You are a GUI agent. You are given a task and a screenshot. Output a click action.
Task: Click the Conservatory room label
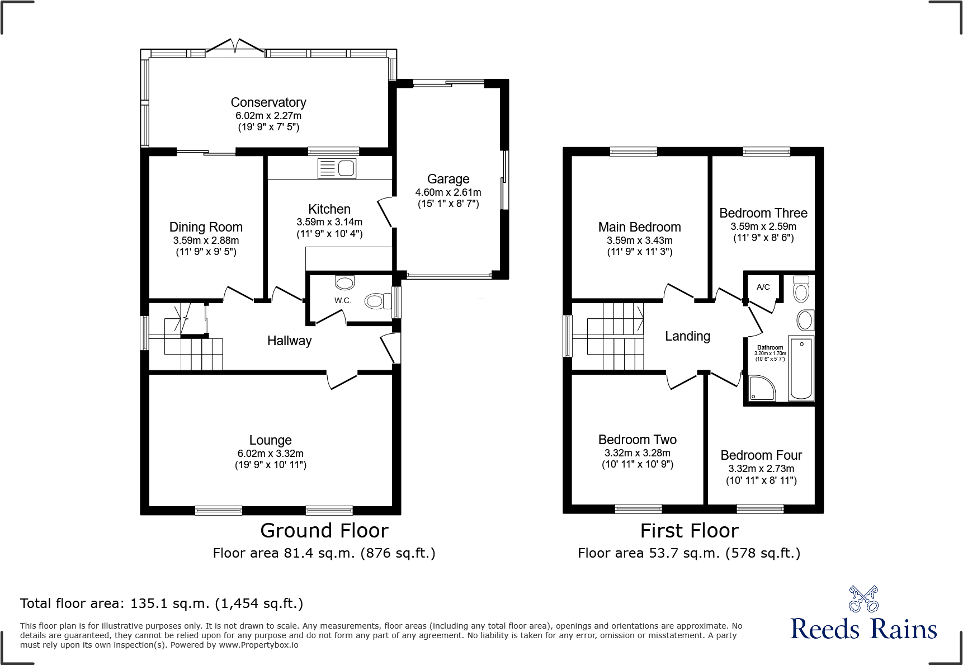click(268, 102)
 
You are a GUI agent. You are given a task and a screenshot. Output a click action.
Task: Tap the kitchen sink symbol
click(337, 168)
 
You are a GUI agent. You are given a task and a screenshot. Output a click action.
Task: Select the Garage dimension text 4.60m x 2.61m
click(448, 192)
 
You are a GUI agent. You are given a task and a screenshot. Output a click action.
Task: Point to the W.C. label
click(343, 300)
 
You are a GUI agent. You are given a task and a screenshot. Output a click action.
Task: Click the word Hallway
click(289, 341)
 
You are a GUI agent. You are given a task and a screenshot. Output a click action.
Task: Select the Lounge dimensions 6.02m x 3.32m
click(270, 454)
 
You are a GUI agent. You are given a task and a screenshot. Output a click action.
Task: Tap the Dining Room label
click(206, 227)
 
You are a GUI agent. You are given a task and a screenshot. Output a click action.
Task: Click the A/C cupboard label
click(763, 287)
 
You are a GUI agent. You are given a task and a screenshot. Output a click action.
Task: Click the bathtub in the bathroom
click(801, 368)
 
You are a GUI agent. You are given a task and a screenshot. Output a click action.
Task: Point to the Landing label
click(687, 336)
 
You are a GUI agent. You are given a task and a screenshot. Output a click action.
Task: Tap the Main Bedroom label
click(639, 227)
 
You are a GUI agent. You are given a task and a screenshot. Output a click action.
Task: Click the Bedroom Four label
click(761, 455)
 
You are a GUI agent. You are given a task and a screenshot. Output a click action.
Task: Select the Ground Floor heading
click(324, 530)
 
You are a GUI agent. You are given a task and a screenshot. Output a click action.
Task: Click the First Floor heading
click(689, 530)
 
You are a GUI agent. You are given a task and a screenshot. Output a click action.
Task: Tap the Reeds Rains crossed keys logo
click(863, 599)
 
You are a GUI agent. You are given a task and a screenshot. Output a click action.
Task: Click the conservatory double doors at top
click(235, 47)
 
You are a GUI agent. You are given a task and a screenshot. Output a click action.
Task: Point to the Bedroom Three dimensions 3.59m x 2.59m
click(763, 227)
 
